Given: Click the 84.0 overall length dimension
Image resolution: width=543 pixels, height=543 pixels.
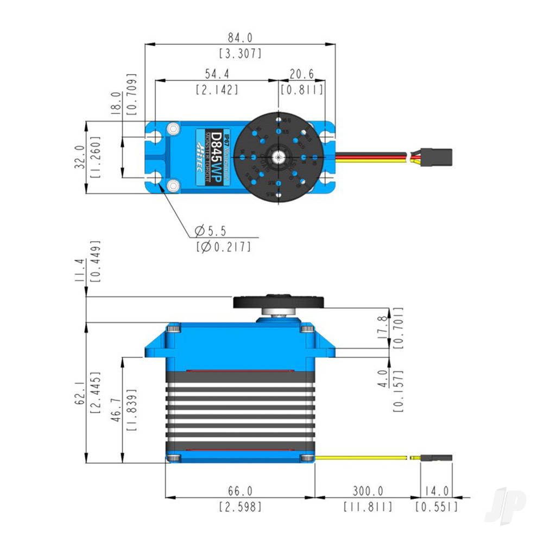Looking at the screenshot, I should (x=240, y=38).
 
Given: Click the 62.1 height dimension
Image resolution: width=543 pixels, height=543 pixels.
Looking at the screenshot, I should (x=79, y=391).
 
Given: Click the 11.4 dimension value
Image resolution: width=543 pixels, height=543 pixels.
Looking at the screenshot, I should (x=79, y=270).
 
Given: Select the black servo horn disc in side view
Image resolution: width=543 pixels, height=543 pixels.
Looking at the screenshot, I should (x=279, y=301).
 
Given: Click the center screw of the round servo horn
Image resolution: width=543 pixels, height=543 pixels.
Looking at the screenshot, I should (x=279, y=157).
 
